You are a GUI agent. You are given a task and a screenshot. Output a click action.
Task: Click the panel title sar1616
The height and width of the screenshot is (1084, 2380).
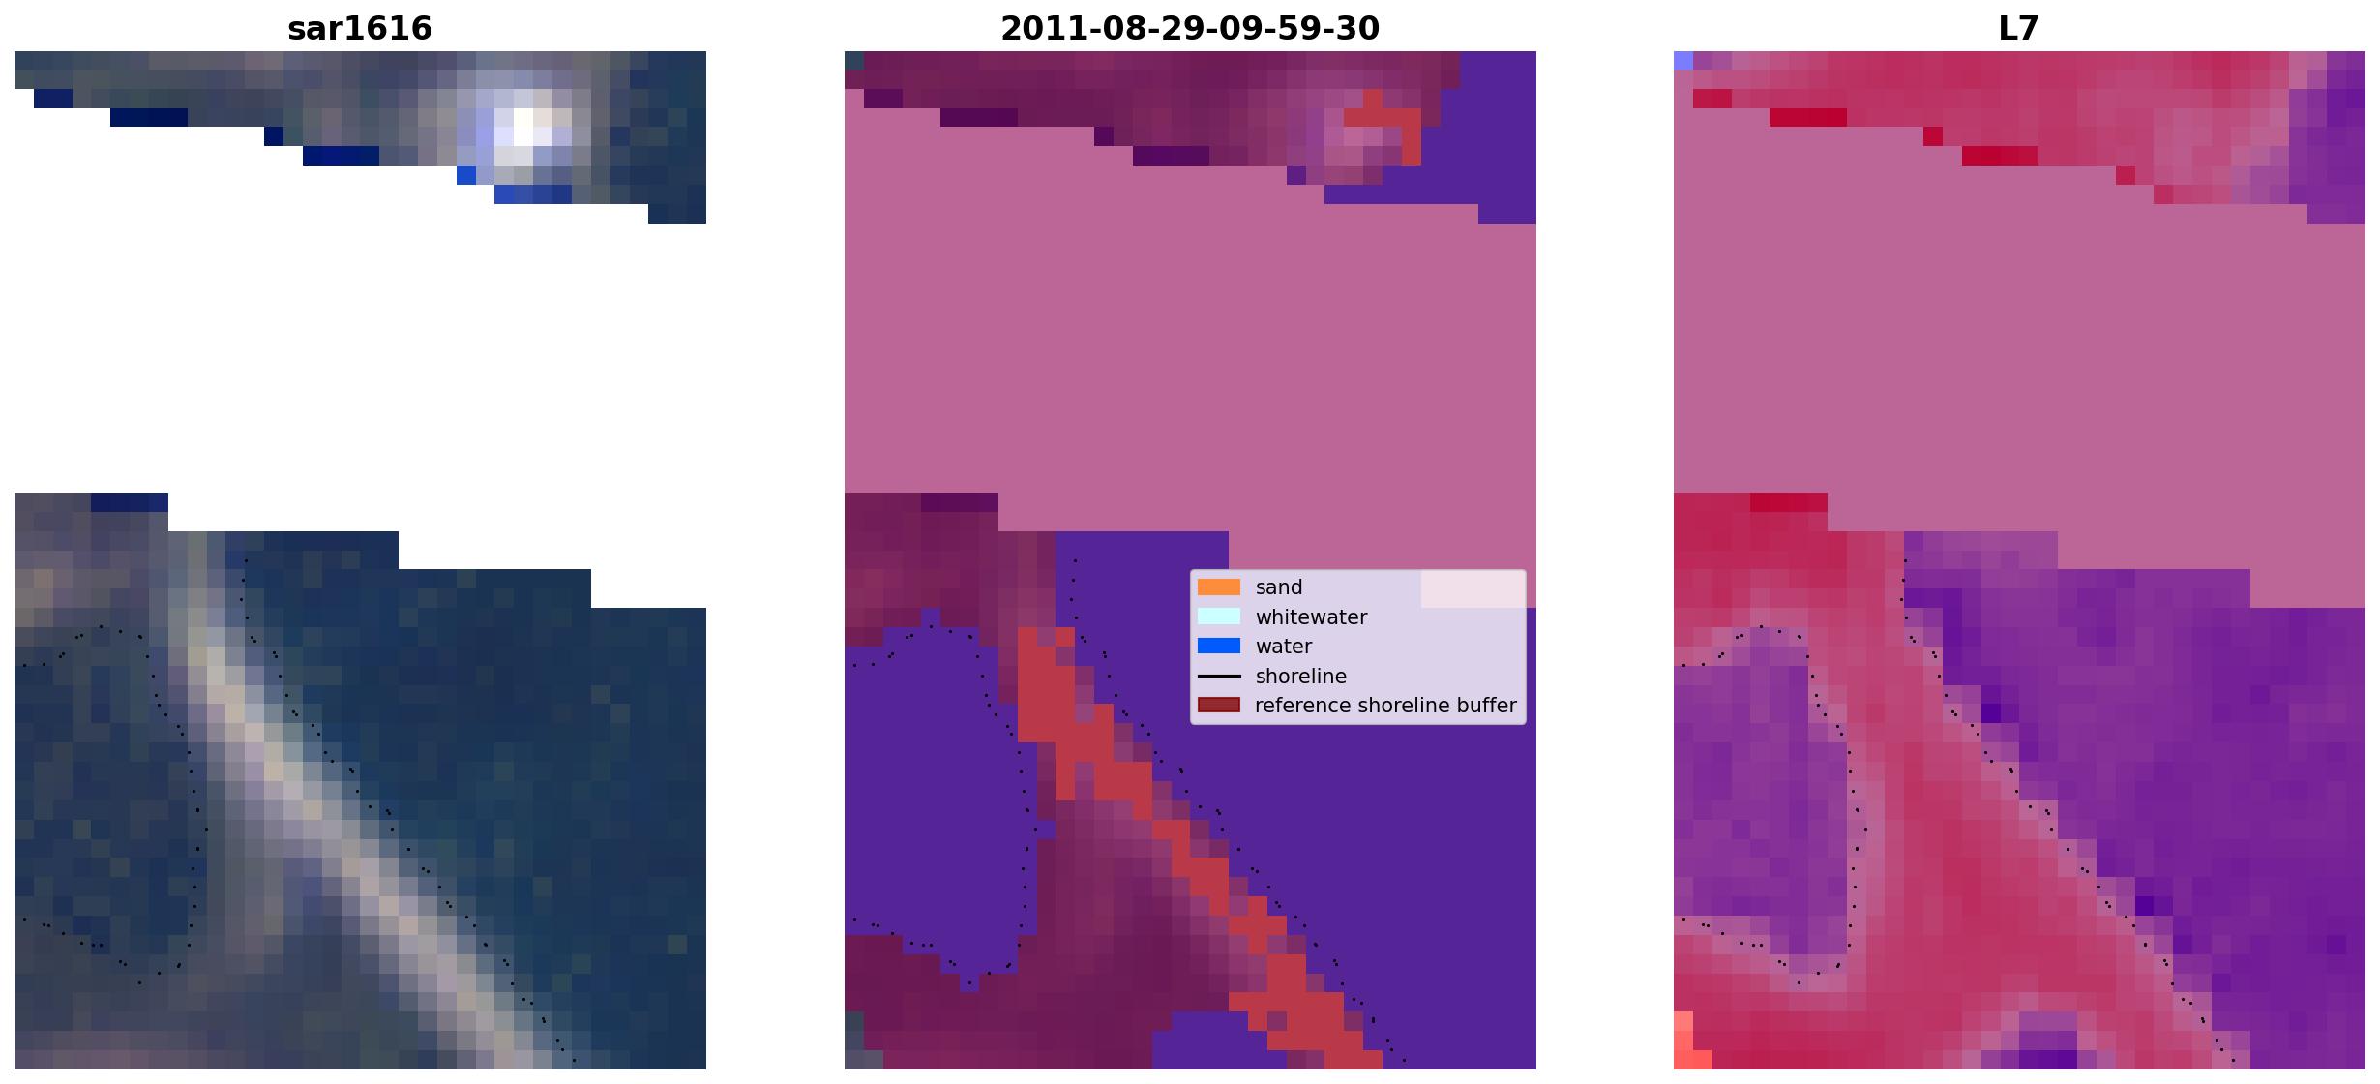tap(360, 28)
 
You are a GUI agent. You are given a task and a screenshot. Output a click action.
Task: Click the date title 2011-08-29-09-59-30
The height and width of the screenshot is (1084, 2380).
tap(1190, 28)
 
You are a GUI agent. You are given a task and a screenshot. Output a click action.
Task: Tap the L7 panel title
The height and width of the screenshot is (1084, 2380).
tap(2019, 28)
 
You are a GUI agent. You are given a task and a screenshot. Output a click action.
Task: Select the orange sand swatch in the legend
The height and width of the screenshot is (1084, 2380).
tap(1219, 587)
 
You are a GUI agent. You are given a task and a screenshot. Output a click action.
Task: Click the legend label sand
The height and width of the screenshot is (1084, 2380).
tap(1279, 587)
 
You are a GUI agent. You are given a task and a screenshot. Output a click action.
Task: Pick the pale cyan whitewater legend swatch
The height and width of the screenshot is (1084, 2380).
tap(1219, 617)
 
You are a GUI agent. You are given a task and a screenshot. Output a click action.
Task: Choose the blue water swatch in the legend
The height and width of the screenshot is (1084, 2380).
tap(1219, 647)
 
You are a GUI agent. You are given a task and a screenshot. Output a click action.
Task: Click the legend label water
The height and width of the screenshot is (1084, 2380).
tap(1284, 647)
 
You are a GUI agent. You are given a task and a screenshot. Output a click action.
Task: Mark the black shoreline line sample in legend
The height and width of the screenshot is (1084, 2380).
tap(1219, 677)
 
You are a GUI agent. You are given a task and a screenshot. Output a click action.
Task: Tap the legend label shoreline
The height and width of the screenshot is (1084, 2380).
tap(1301, 677)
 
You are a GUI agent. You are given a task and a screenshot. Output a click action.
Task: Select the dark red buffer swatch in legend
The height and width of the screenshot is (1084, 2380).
tap(1219, 706)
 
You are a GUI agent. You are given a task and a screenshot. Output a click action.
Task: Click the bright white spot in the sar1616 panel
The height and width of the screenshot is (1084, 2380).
tap(523, 127)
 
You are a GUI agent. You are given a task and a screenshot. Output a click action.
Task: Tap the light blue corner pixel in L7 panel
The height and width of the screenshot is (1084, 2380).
tap(1683, 60)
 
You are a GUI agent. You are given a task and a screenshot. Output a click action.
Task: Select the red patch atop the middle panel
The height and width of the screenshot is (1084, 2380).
tap(1384, 120)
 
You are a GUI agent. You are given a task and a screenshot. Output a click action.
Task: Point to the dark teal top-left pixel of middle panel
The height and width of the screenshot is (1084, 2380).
tap(854, 60)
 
